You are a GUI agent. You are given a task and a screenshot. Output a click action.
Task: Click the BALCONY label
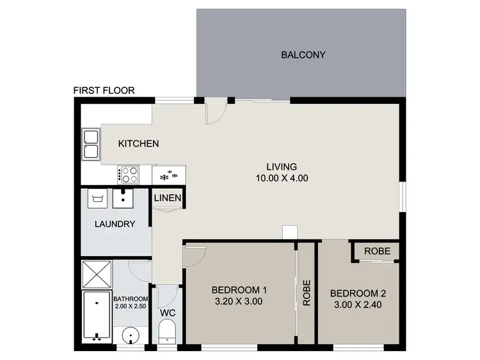click(x=303, y=54)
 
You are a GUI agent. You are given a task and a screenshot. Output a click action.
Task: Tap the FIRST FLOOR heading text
click(x=104, y=90)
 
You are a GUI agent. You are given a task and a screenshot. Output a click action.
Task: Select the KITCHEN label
click(x=138, y=143)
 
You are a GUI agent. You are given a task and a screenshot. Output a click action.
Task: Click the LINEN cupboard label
click(x=168, y=199)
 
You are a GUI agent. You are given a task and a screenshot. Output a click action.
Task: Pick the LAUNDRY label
click(x=115, y=224)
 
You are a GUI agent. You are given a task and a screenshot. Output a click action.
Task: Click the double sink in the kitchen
click(x=90, y=144)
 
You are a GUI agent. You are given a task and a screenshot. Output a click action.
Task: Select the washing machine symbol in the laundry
click(x=98, y=199)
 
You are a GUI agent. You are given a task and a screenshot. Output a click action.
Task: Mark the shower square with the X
click(x=97, y=275)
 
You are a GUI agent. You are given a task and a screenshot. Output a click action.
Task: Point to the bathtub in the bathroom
click(x=97, y=316)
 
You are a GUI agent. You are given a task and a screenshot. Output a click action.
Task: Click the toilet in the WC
click(x=168, y=332)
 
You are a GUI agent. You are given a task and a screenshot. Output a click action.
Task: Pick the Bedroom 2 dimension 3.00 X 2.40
click(x=358, y=306)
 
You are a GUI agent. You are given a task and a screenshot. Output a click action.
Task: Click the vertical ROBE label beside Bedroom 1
click(x=307, y=292)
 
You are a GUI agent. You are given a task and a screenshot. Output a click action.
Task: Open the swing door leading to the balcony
click(x=215, y=111)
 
